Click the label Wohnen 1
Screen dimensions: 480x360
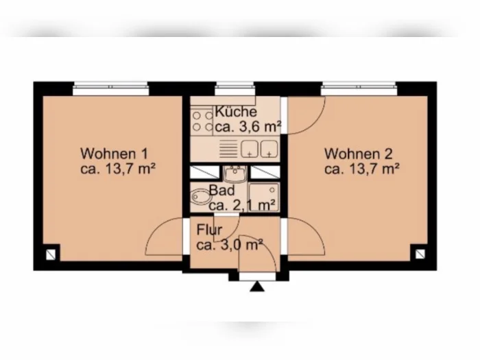[114, 154]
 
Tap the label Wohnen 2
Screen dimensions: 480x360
[358, 154]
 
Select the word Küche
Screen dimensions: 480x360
[236, 111]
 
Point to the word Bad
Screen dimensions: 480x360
[222, 191]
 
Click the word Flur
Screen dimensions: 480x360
[209, 230]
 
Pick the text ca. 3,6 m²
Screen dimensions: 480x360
[248, 126]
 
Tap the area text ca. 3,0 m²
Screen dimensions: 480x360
[230, 245]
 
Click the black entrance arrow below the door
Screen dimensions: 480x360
[257, 287]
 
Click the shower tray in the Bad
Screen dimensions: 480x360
[263, 197]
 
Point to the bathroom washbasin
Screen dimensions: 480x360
[235, 173]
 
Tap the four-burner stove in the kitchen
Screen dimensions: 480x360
[202, 121]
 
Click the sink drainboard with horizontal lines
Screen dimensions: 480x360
[228, 149]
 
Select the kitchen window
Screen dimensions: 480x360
[235, 88]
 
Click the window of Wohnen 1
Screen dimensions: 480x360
[111, 88]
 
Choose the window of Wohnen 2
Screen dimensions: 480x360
[359, 88]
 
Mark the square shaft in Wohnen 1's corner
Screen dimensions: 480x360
[51, 254]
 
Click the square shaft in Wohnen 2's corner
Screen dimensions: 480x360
[420, 254]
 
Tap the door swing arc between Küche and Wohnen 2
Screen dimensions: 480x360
[315, 123]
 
